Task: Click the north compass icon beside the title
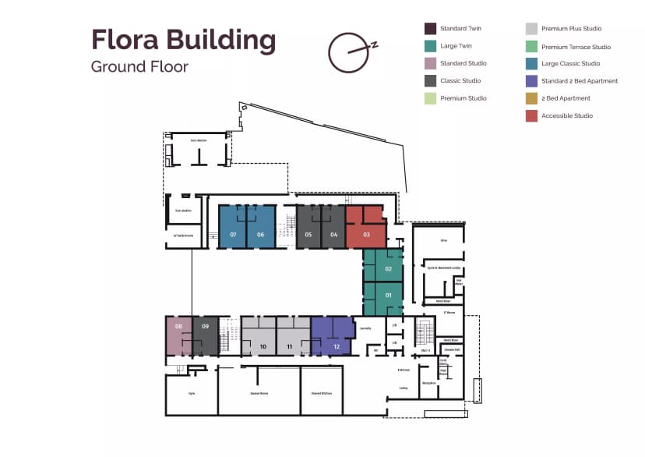click(x=349, y=51)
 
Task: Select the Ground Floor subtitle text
click(x=139, y=66)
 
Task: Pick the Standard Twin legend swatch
click(x=430, y=29)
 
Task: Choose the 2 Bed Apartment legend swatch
click(x=531, y=98)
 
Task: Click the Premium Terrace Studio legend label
click(x=576, y=47)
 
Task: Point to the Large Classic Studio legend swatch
click(x=531, y=64)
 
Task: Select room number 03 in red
click(x=366, y=234)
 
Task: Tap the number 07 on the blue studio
click(x=233, y=234)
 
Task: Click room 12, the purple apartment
click(x=337, y=345)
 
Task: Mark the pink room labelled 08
click(x=178, y=326)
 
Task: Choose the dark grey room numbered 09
click(x=206, y=326)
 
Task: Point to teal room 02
click(x=388, y=269)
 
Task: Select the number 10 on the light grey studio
click(x=263, y=345)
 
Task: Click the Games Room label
click(x=259, y=393)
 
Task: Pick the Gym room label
click(x=192, y=393)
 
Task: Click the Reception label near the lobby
click(x=428, y=384)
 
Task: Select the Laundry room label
click(x=365, y=328)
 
